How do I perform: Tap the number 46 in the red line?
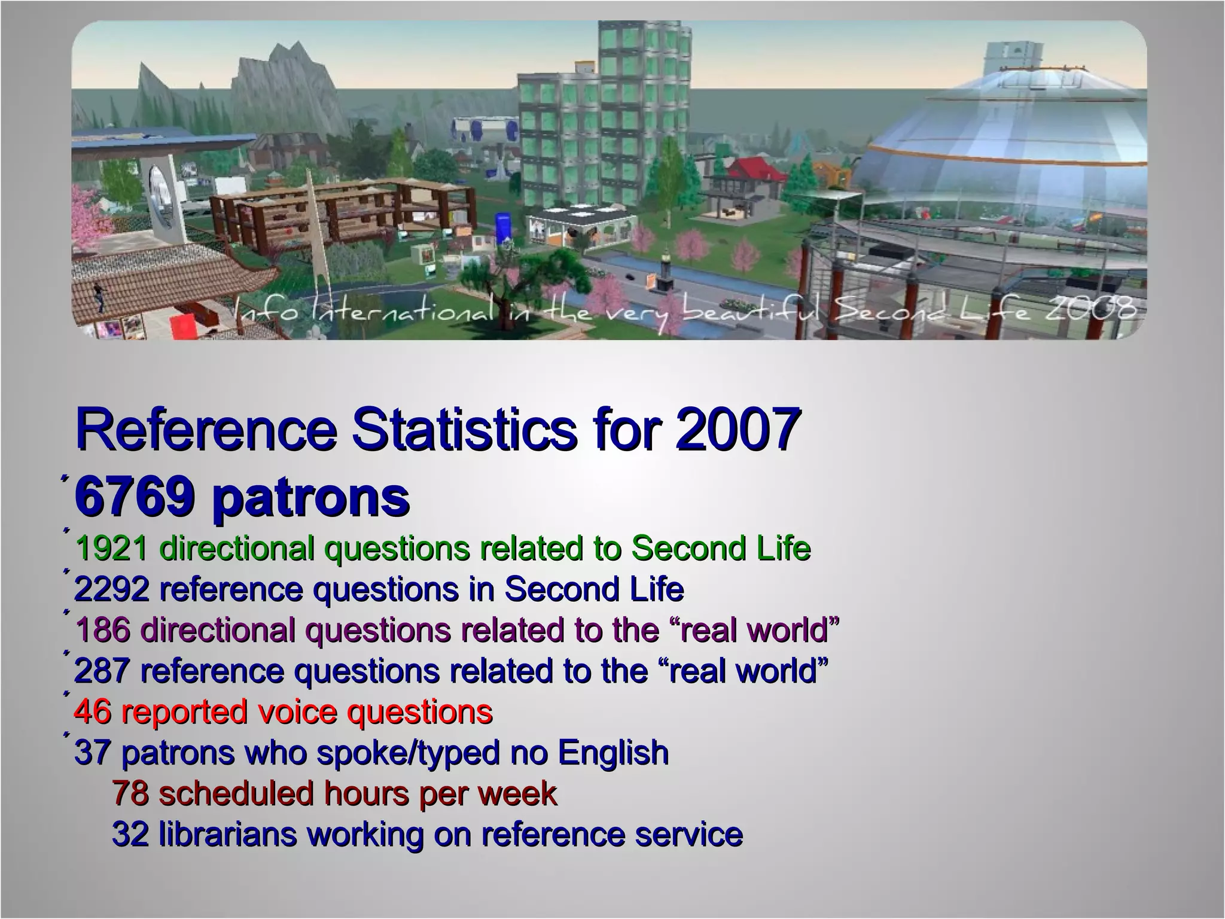click(x=93, y=712)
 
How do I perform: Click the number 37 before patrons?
click(x=93, y=753)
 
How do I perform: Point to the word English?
click(x=613, y=753)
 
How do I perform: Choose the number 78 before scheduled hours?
click(x=131, y=793)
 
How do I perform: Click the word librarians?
click(x=228, y=834)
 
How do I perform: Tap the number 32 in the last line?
click(x=131, y=834)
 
